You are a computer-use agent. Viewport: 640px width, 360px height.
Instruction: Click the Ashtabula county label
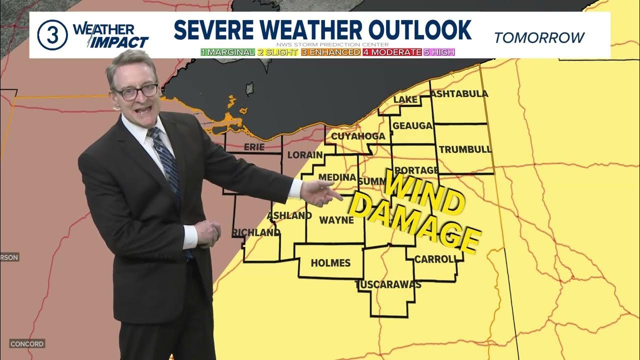[459, 94]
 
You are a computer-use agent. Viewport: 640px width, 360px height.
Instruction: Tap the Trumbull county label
[465, 149]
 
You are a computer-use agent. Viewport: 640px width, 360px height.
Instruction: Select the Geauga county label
[412, 125]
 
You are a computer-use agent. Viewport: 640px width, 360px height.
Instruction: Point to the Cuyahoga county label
[358, 136]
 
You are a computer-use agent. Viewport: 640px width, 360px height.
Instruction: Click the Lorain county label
[304, 155]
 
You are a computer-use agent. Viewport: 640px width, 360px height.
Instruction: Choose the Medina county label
[337, 177]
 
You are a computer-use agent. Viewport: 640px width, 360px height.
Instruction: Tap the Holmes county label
[330, 263]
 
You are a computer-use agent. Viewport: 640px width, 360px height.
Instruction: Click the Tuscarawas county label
[388, 285]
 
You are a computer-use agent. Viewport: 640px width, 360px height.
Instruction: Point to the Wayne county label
[336, 220]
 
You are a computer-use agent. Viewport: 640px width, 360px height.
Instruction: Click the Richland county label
[256, 233]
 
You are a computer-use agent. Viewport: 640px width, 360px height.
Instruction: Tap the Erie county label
[253, 147]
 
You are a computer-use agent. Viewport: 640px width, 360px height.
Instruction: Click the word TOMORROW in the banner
[539, 37]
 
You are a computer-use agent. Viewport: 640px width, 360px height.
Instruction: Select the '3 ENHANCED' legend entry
[330, 52]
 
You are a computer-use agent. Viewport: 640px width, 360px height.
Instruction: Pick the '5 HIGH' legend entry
[439, 52]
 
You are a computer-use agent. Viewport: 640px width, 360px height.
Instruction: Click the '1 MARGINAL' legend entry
[227, 52]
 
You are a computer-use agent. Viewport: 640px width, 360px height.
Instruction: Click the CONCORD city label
[27, 344]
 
